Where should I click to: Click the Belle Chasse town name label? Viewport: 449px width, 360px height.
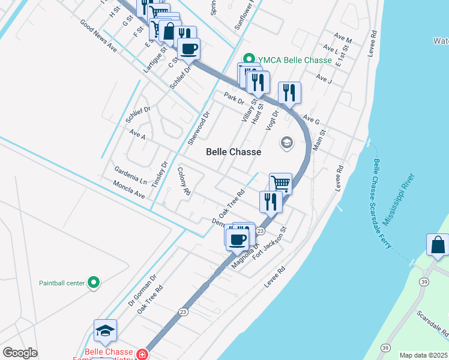point(234,152)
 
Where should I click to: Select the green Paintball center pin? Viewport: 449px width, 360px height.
point(93,282)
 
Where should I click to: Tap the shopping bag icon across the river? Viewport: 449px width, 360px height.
point(438,245)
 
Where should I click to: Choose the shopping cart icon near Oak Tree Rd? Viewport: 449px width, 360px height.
point(280,182)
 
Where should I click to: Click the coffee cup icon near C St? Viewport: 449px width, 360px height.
point(189,48)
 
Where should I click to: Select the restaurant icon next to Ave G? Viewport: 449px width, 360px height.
point(289,92)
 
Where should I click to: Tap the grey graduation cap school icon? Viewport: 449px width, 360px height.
point(287,143)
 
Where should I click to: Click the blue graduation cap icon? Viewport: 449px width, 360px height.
point(105,330)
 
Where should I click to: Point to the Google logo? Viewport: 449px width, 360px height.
point(20,353)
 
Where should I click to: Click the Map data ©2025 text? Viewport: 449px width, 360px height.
point(423,355)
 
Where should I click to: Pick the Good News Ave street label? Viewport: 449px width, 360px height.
point(98,36)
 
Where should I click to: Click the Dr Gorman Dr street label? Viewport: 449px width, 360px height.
point(142,291)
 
